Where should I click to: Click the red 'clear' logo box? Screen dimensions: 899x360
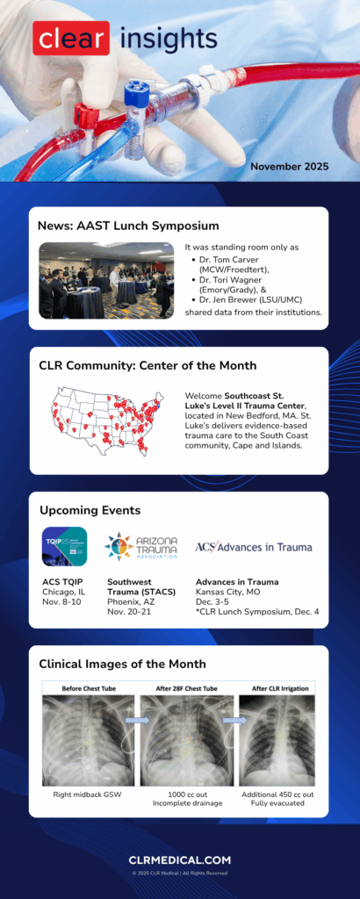point(71,39)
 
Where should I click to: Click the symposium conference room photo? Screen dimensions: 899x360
point(106,280)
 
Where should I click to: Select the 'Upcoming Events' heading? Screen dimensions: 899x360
point(90,510)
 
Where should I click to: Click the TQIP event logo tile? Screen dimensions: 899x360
point(64,548)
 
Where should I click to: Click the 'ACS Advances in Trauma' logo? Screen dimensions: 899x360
point(253,547)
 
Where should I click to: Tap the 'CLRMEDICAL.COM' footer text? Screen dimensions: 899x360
point(180,860)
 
